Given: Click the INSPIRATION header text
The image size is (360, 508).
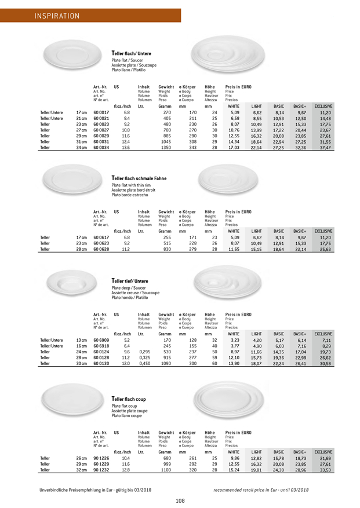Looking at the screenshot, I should tap(56, 16).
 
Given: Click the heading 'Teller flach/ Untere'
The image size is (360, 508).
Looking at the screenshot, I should tap(132, 54).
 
